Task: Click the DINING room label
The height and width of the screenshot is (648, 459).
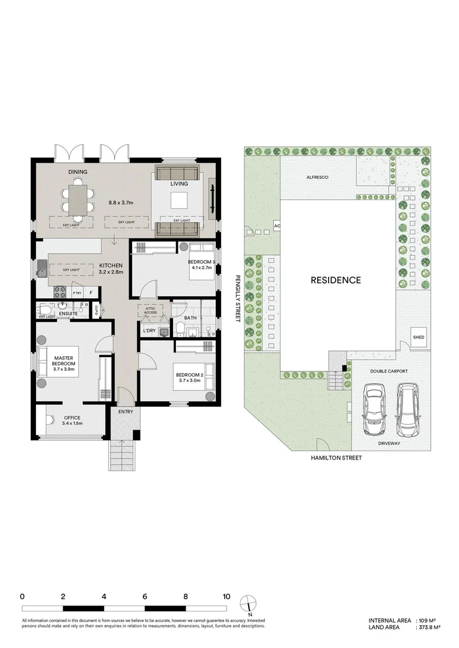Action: point(78,172)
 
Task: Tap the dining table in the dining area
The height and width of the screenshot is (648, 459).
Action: point(78,199)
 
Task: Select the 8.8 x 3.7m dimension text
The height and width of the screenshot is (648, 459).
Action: point(121,203)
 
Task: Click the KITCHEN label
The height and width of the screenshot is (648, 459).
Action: point(112,265)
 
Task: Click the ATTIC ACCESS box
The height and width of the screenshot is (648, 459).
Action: point(150,310)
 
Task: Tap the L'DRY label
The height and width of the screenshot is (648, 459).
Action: point(149,331)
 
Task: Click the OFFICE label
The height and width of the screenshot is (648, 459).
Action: point(71,418)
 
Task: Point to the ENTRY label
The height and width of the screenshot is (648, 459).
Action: point(126,411)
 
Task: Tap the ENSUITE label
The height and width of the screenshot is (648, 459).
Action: point(67,314)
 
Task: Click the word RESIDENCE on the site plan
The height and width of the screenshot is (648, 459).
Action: point(336,280)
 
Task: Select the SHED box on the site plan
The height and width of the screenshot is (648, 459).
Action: point(419,337)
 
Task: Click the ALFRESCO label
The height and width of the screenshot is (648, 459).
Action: point(316,178)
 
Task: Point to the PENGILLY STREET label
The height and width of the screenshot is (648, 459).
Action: point(238,299)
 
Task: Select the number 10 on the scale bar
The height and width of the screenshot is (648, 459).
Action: point(226,597)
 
